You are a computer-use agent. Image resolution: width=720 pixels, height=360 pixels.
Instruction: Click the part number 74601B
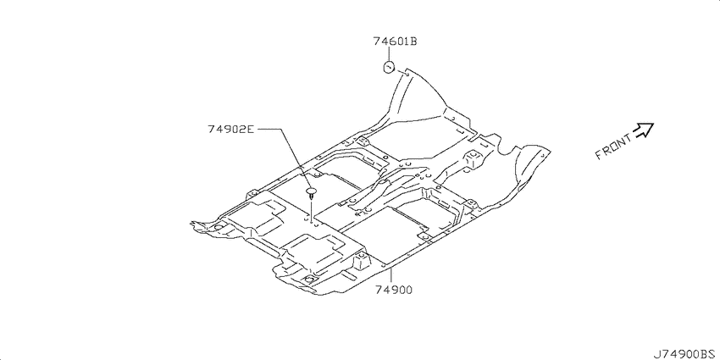[x=395, y=42]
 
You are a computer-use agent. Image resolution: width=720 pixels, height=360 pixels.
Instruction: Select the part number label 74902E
[x=230, y=130]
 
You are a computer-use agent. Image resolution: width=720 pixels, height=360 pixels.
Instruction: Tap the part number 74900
[x=394, y=290]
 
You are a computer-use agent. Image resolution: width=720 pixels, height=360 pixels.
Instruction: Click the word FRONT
[x=613, y=147]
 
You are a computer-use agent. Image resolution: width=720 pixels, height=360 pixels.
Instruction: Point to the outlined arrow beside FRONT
[x=643, y=130]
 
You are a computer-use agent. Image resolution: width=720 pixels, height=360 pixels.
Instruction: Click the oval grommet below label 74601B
[x=390, y=68]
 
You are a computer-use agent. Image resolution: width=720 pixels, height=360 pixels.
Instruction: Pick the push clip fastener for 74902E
[x=313, y=193]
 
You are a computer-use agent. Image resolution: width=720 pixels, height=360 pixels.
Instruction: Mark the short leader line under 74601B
[x=389, y=54]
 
